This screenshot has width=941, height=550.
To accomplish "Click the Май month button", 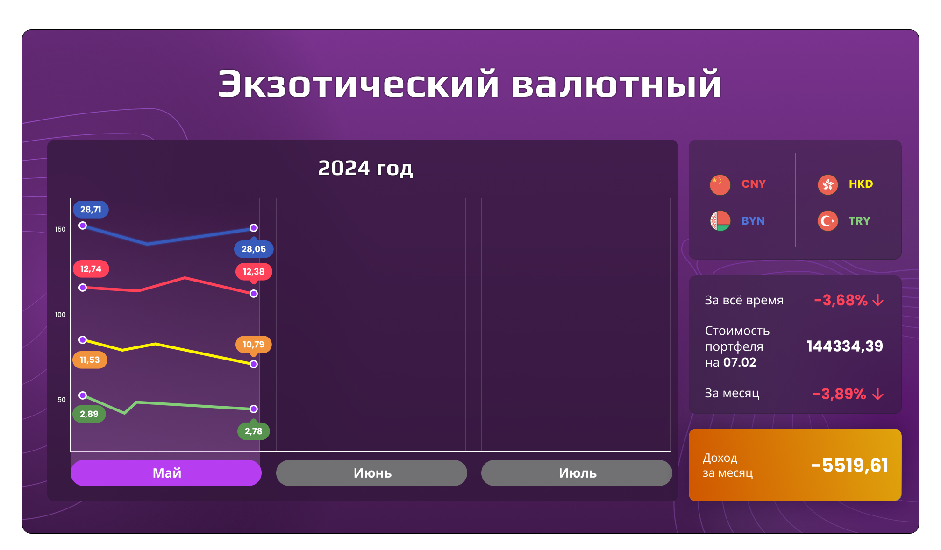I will click(x=166, y=473).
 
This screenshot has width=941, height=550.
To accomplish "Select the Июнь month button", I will click(x=371, y=473).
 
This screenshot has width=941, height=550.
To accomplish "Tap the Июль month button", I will click(x=577, y=473).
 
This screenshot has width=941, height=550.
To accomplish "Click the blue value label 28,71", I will click(x=91, y=210).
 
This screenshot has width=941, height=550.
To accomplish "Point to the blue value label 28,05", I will click(x=254, y=249).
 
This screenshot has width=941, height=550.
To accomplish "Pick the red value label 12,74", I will click(x=91, y=269).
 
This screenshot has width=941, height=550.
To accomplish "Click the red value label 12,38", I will click(x=254, y=272).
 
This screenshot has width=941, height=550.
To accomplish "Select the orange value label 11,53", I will click(x=90, y=360).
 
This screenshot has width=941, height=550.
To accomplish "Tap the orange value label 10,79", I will click(x=254, y=345).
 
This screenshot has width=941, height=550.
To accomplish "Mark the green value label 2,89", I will click(x=89, y=414).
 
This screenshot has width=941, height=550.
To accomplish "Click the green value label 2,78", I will click(x=254, y=431).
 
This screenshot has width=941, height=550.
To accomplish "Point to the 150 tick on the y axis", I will click(x=60, y=229).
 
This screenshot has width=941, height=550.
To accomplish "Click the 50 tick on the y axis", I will click(x=62, y=400).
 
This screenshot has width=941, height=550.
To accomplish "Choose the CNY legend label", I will click(x=753, y=184).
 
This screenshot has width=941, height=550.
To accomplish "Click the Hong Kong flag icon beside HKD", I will click(x=827, y=185).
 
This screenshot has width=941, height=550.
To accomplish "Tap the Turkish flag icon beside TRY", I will click(x=827, y=221).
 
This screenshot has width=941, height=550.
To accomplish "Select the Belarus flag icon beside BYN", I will click(x=720, y=221).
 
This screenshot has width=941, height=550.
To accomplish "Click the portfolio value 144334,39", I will click(x=845, y=346).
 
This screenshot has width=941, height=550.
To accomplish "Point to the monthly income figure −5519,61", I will click(x=850, y=465).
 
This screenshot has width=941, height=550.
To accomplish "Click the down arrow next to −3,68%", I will click(x=878, y=300).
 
